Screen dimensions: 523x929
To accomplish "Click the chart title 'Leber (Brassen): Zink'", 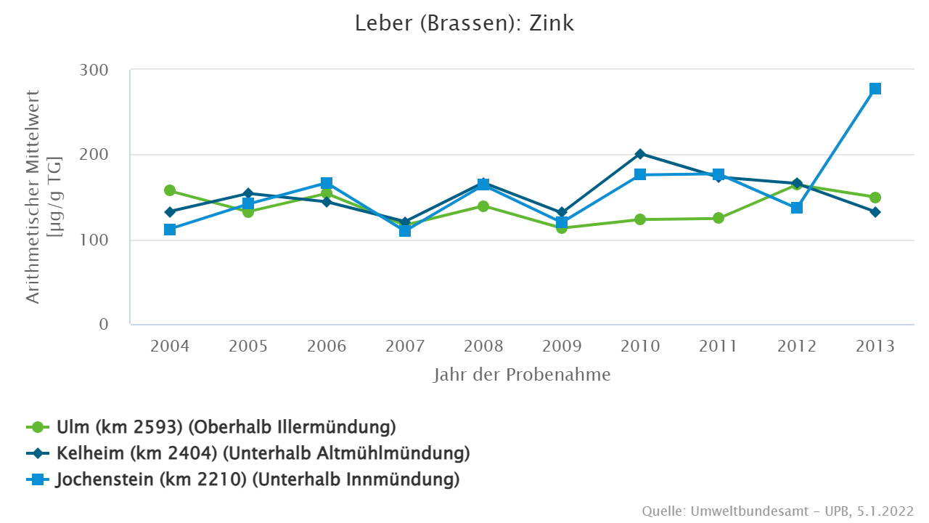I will [x=464, y=23].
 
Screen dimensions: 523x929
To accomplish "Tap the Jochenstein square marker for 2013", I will [x=875, y=89].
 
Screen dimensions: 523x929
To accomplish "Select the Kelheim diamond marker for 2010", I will [x=640, y=154].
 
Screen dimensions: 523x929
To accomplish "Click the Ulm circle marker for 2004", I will [x=170, y=190].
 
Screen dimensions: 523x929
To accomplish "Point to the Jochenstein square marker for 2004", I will [x=170, y=230].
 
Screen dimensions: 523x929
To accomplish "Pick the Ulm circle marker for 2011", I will [x=719, y=218].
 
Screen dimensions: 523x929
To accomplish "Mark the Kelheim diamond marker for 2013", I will [x=875, y=212].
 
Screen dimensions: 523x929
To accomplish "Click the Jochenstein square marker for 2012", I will [x=797, y=208].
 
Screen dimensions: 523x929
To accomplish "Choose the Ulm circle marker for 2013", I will [x=875, y=198].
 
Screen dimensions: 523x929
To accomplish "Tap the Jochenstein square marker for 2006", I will [x=327, y=183].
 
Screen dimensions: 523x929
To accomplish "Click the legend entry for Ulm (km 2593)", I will [x=225, y=426].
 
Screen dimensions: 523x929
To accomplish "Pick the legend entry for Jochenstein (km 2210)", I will [x=258, y=479].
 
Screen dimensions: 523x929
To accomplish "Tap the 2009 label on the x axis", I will [x=562, y=346].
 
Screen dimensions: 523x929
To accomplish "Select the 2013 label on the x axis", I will [x=875, y=346].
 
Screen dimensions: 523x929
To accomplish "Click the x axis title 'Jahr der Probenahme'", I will [x=522, y=375].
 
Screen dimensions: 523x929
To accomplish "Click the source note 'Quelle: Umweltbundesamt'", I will [x=777, y=511].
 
